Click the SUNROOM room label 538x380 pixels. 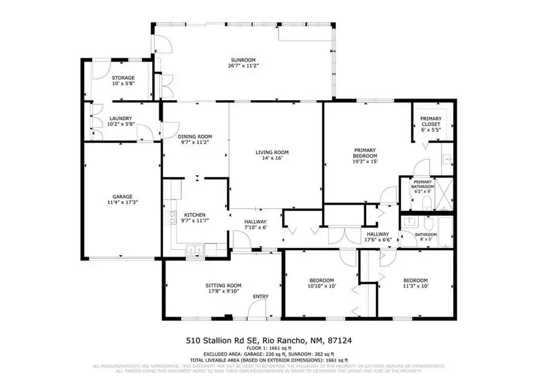(x=243, y=60)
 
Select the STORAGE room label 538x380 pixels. (x=123, y=78)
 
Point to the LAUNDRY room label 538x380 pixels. (x=121, y=118)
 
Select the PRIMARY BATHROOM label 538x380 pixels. (x=423, y=184)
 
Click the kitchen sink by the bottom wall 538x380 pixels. (x=195, y=250)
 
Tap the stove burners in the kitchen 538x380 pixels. (x=172, y=217)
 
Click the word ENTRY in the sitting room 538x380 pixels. (x=261, y=297)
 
